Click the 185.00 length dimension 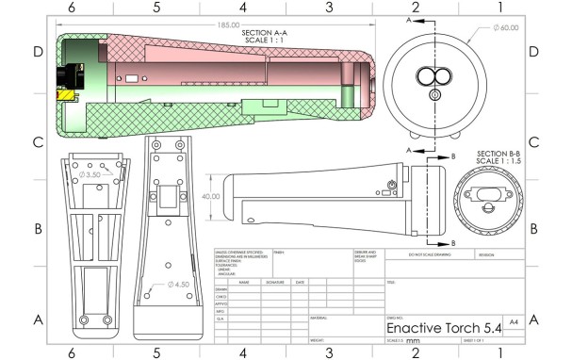pos(227,25)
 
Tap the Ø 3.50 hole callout pos(94,175)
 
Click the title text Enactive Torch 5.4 pos(442,325)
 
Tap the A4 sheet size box pos(513,321)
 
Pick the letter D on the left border pos(39,52)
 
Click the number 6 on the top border pos(71,8)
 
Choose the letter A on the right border pos(533,320)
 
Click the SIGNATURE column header pos(274,282)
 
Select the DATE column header pos(300,282)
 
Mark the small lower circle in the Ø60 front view pos(434,95)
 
